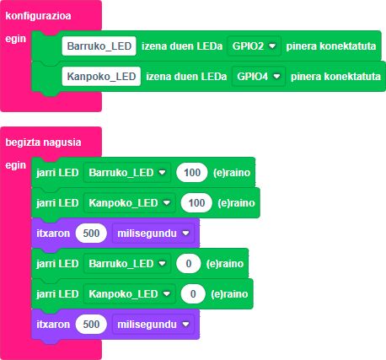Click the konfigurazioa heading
[x=38, y=16]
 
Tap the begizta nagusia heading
[x=43, y=142]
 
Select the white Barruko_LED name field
[x=99, y=46]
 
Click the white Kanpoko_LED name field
[x=101, y=76]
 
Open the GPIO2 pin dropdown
[x=254, y=46]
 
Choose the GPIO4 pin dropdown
[x=259, y=76]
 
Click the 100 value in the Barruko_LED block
[x=192, y=172]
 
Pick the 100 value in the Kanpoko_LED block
[x=196, y=202]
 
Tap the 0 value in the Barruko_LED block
[x=189, y=263]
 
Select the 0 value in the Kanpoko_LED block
[x=193, y=293]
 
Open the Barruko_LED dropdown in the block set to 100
[x=127, y=172]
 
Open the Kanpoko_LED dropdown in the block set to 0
[x=130, y=293]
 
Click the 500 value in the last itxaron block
[x=91, y=324]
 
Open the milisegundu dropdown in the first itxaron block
[x=153, y=233]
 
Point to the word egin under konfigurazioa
[x=16, y=39]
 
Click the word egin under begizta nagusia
[x=16, y=165]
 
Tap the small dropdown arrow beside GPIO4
[x=276, y=76]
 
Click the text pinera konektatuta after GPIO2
[x=331, y=46]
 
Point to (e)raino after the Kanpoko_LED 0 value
[x=229, y=294]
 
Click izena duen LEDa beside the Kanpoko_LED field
[x=186, y=76]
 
